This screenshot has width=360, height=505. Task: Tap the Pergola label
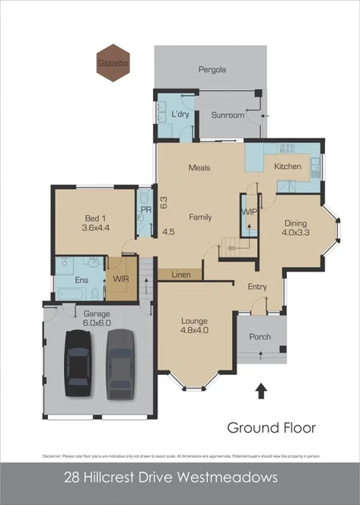click(x=212, y=68)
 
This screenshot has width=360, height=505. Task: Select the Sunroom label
click(x=228, y=115)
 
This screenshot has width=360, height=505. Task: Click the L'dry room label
click(x=180, y=114)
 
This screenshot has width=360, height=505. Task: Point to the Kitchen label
click(x=288, y=166)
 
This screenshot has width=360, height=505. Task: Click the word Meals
click(x=199, y=167)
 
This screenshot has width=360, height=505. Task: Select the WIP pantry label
click(x=249, y=211)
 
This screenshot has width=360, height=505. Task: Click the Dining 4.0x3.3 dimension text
click(x=295, y=234)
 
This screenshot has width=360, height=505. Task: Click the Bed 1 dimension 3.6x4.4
click(x=96, y=227)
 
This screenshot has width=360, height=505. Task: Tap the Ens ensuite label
click(x=80, y=280)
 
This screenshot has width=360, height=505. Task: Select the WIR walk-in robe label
click(x=120, y=280)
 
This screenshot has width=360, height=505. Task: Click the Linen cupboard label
click(x=180, y=274)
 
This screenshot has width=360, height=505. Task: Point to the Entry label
click(x=256, y=286)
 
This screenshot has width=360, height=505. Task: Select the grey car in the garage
click(x=119, y=364)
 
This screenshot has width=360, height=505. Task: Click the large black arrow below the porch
click(x=260, y=391)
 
